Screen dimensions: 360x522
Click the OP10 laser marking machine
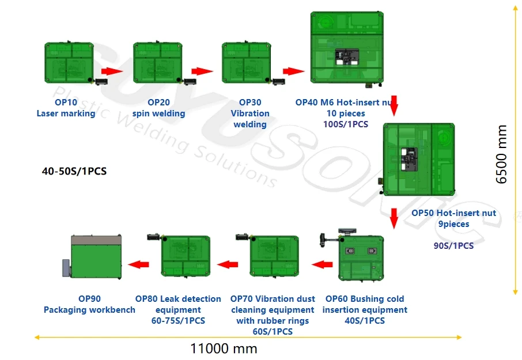pos(68,62)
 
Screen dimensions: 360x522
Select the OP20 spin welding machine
pos(157,62)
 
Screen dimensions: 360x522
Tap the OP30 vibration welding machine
pos(246,62)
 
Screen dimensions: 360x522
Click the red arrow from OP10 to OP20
pos(113,71)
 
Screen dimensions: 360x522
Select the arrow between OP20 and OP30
pos(202,71)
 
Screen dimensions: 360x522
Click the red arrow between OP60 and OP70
pos(323,264)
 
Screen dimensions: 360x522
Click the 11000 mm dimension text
pos(224,348)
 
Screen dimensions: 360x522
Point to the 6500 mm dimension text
pos(502,154)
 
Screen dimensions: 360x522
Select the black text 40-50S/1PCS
pos(74,171)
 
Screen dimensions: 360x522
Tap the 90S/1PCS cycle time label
pos(453,245)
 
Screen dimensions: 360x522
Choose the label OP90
pos(89,299)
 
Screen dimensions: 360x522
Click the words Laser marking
pos(66,113)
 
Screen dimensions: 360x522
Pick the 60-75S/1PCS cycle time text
pos(178,321)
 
